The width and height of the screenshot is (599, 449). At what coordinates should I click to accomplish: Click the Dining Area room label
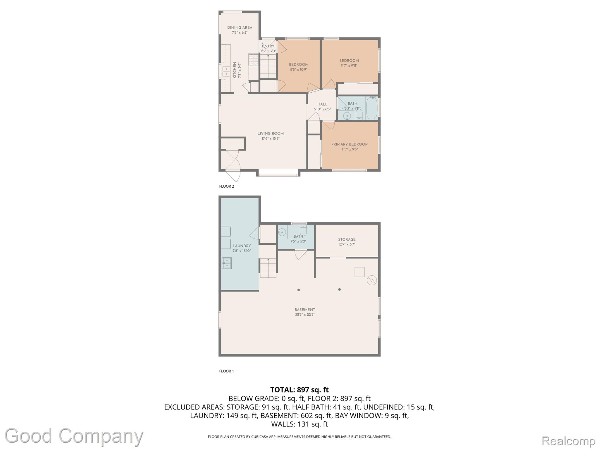tap(240, 28)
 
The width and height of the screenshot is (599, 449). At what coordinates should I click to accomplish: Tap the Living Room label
tap(271, 134)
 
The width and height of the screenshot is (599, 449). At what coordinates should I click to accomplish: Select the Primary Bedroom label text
tap(350, 144)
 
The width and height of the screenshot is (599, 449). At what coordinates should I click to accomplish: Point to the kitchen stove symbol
tap(253, 61)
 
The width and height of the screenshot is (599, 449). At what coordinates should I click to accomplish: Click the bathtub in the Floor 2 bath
tap(372, 108)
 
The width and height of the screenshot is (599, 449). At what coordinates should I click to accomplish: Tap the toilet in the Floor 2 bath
tap(359, 115)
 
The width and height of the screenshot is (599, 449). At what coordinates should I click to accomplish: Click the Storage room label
tap(347, 239)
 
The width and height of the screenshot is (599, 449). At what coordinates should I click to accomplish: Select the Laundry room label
tap(242, 246)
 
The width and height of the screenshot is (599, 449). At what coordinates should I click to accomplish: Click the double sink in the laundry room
tap(226, 263)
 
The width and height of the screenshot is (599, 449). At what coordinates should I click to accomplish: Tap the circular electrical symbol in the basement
tap(372, 280)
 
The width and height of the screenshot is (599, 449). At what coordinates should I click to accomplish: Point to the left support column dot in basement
tap(299, 290)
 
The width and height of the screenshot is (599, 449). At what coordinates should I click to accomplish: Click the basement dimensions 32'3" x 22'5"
tap(305, 315)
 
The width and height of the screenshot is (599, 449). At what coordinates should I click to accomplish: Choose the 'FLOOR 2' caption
tap(227, 186)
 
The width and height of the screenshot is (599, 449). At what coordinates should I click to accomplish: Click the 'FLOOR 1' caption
tap(227, 371)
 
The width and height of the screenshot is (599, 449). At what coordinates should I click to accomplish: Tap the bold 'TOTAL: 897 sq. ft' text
tap(299, 390)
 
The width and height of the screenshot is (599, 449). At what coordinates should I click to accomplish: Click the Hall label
tap(322, 104)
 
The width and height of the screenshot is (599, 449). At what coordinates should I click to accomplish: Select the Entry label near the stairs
tap(268, 46)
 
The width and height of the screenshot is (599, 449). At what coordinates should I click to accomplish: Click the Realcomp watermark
tap(569, 441)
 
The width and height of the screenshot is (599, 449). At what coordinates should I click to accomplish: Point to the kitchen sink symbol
tap(226, 71)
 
